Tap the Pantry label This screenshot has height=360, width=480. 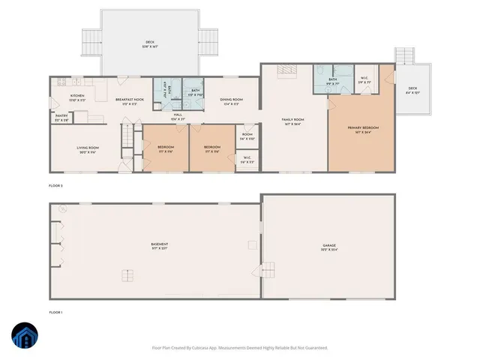pos(61,118)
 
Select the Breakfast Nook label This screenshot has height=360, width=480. pos(129,101)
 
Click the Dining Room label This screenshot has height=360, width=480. pos(231,101)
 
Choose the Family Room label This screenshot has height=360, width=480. pos(292,121)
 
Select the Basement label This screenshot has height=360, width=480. pos(158,247)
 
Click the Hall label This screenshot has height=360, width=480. pos(177,117)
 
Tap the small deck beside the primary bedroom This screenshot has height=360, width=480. pos(412,90)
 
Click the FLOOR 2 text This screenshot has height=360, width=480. pos(57,184)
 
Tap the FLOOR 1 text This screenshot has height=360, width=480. pos(57,311)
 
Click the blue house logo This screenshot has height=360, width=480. pos(25,335)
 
